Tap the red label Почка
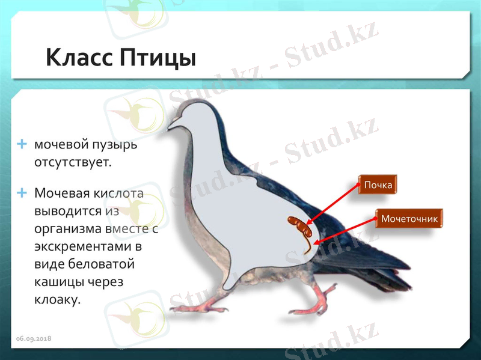click(x=378, y=185)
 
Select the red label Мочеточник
click(x=409, y=219)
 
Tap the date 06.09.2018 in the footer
click(x=34, y=339)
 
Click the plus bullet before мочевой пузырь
click(x=23, y=144)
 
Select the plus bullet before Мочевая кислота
click(x=23, y=193)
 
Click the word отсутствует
click(x=73, y=162)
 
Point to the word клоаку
click(x=57, y=299)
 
